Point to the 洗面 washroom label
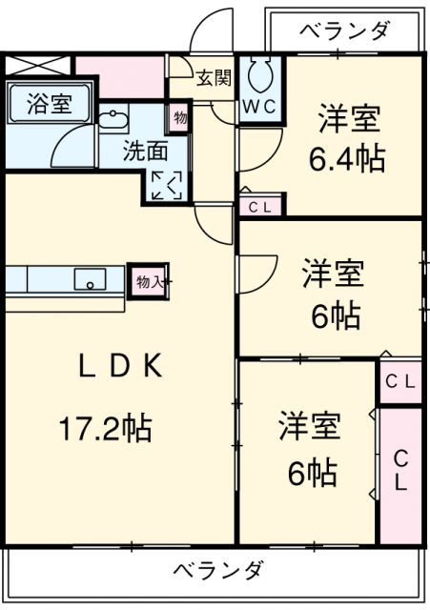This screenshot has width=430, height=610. coord(146,152)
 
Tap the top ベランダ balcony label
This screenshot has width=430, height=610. coord(344,31)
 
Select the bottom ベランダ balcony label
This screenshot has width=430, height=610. coord(218,570)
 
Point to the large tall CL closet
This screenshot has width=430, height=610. coord(400,470)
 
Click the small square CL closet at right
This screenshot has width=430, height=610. coord(399,381)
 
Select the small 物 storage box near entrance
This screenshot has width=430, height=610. coord(178,117)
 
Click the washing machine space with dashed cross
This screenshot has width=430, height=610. coord(167,184)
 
